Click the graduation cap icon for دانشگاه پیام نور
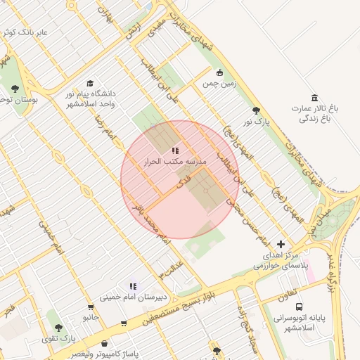[x=91, y=83]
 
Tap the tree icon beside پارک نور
[x=256, y=111]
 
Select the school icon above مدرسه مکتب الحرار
[x=175, y=150]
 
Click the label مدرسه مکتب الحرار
[x=175, y=162]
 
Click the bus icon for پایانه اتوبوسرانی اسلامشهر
[x=300, y=307]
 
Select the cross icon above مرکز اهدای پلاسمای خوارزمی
[x=281, y=243]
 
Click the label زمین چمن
[x=217, y=84]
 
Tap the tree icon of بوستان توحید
[x=15, y=89]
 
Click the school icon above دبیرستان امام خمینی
[x=133, y=285]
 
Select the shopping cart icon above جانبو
[x=91, y=307]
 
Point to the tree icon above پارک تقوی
[x=58, y=328]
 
